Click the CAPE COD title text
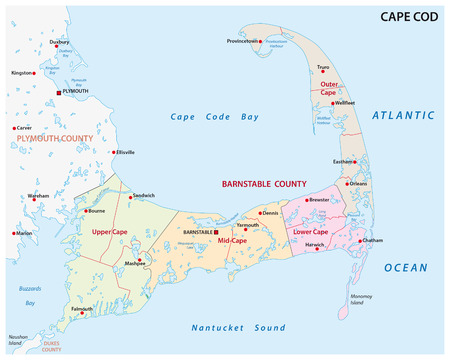tap(409, 17)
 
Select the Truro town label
tap(323, 67)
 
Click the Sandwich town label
tap(143, 195)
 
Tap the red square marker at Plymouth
tap(59, 91)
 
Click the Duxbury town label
tap(58, 43)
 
